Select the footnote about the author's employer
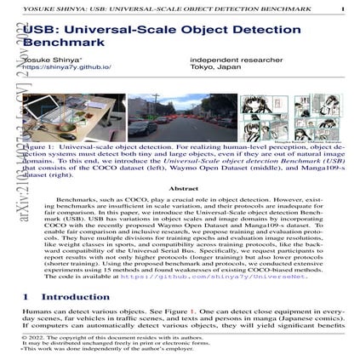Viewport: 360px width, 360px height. point(94,350)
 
